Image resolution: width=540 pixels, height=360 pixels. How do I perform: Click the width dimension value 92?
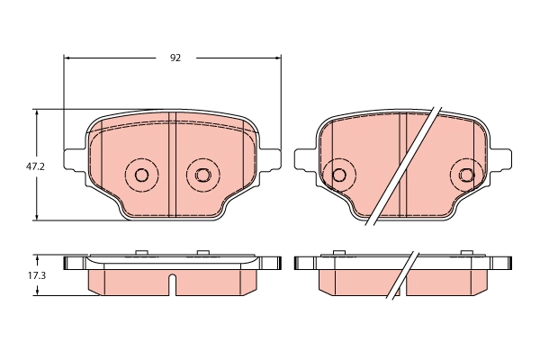(x=175, y=58)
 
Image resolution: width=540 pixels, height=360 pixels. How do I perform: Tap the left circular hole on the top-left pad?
(x=140, y=175)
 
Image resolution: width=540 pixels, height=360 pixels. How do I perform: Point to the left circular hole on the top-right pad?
(x=339, y=175)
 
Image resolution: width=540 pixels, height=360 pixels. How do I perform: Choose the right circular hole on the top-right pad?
(x=466, y=175)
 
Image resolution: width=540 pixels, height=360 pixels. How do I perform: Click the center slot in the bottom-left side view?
(x=171, y=283)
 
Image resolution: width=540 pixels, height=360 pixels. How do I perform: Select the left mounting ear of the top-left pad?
(x=76, y=162)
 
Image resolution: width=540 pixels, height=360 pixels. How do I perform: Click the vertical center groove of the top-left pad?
(x=171, y=166)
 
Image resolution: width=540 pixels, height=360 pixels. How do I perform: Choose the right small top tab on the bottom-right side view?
(x=465, y=253)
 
